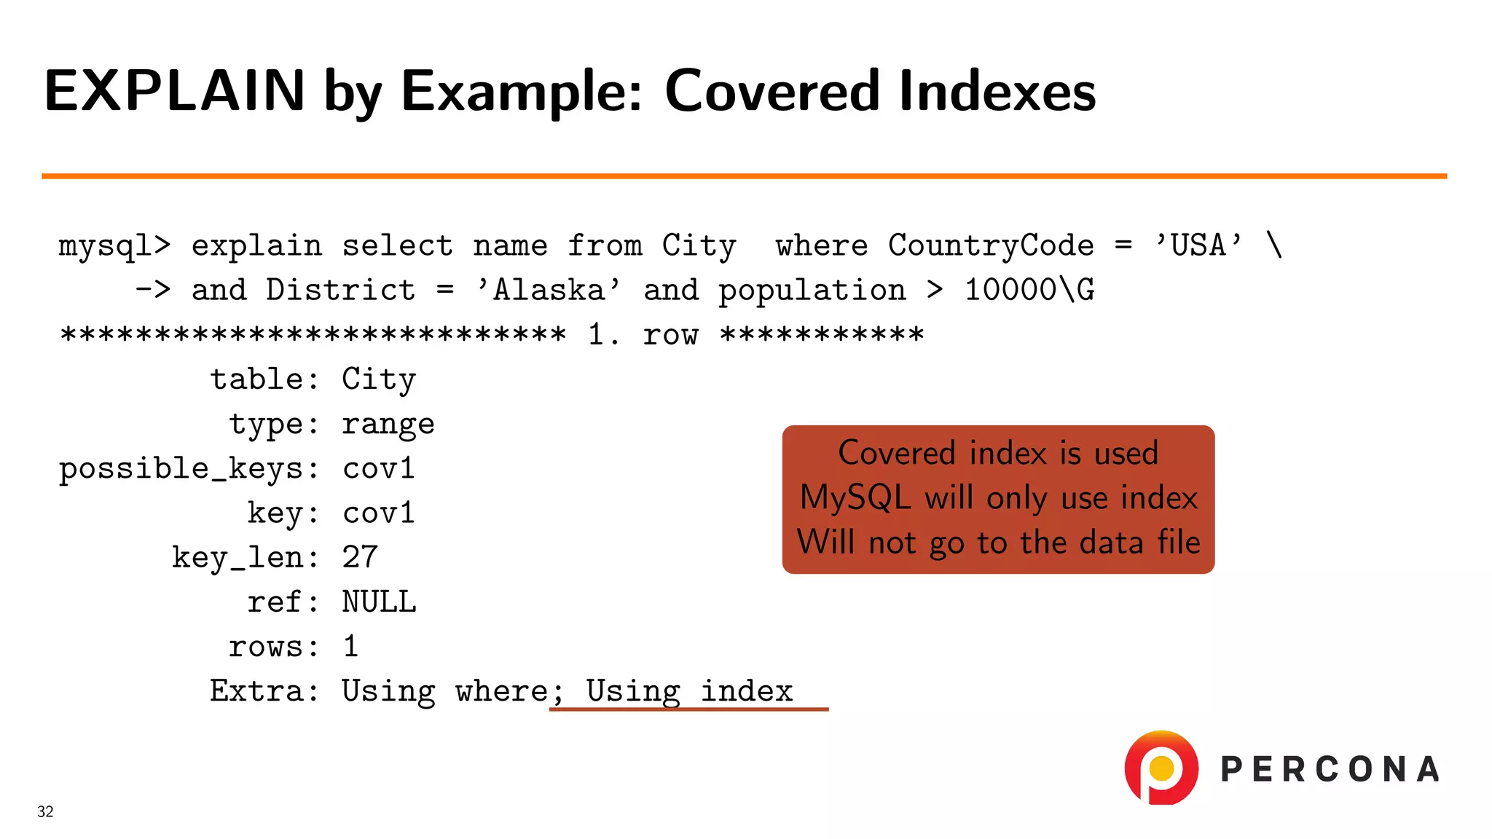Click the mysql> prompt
114,247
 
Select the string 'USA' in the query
1198,245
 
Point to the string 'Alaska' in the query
549,290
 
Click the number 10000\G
1029,290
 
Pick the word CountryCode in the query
991,245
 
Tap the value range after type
388,425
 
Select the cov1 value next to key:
378,513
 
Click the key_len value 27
360,558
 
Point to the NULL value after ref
379,602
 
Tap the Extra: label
264,691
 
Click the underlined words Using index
689,691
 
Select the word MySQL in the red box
855,498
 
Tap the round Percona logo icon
1161,768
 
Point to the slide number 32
45,811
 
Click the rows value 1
350,647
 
